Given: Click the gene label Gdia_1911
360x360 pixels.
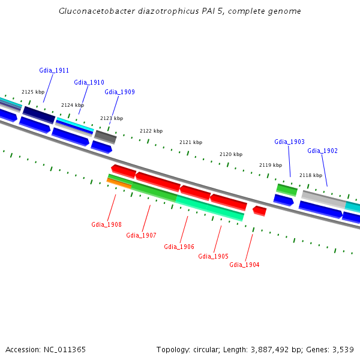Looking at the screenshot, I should (x=54, y=70).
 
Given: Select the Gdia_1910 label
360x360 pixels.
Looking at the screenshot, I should (x=89, y=82).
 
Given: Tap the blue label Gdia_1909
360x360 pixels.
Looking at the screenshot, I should (x=119, y=92).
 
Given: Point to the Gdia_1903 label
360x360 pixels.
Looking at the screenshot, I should (x=289, y=142).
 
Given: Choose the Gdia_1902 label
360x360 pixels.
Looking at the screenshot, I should (x=322, y=151).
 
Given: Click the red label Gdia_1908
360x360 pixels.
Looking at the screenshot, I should (x=106, y=224).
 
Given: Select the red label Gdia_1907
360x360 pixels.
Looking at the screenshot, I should (x=141, y=235).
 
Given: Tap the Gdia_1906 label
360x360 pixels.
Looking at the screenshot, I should (x=179, y=247).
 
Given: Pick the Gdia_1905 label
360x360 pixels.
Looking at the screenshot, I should (x=213, y=256).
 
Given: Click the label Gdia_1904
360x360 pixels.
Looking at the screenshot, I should (x=244, y=265).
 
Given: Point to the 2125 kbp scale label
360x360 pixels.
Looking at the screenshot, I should (x=33, y=92).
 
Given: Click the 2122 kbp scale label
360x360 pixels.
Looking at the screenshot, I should (x=151, y=131).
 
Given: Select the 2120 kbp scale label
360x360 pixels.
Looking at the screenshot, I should (x=231, y=154).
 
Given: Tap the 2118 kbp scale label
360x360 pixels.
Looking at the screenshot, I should (x=311, y=175).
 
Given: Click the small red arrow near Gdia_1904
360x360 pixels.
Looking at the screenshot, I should (x=259, y=211).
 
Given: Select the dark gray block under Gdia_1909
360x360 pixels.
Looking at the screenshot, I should (x=105, y=136).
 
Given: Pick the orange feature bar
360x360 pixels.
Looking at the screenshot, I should (x=119, y=183).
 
